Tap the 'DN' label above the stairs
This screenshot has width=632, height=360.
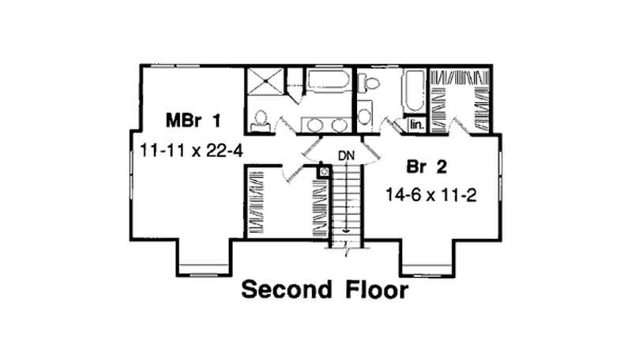point(346,155)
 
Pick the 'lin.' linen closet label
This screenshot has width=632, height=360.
point(416,124)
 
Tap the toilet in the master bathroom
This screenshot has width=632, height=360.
point(260,119)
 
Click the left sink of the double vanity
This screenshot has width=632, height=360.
point(315,125)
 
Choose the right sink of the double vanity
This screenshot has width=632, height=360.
point(339,125)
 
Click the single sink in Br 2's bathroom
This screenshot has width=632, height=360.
point(364,116)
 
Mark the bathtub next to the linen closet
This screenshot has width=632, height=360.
point(414,89)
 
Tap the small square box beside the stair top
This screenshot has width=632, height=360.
point(323,170)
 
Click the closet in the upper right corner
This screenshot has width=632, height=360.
point(461,99)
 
